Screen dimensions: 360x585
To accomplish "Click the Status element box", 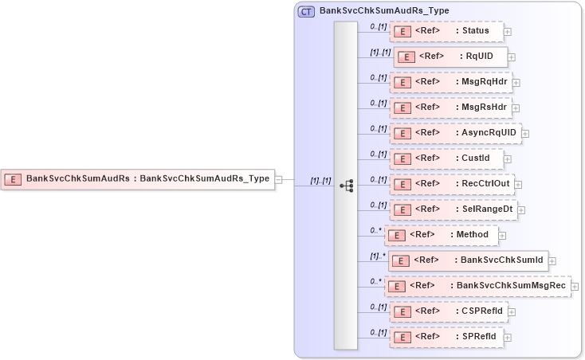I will pos(446,31).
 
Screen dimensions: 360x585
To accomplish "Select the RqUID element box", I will pos(450,57).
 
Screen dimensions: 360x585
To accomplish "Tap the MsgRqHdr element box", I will pos(450,81).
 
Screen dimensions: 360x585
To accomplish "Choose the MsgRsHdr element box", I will pos(450,107).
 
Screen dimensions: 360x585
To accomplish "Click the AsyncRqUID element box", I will pos(455,133).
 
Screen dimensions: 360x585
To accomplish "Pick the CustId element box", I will pos(446,158).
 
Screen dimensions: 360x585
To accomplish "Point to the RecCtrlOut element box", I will pos(451,184).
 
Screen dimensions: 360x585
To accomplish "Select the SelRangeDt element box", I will pos(452,209).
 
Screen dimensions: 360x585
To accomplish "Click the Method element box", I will pos(442,235).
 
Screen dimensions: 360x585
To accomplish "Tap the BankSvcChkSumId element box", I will pos(467,260).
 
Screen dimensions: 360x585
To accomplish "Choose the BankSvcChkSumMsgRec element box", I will pos(477,286).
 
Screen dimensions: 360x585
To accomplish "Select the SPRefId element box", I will pos(446,337).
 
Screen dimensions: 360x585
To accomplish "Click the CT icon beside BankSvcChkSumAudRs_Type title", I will pos(306,11).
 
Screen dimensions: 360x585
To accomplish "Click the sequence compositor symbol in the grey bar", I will pos(346,186).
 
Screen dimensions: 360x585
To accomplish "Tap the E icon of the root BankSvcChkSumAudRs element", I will pos(13,178).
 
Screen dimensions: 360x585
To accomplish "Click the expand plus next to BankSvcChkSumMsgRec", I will pos(575,287).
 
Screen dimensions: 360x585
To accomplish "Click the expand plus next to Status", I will pos(508,32).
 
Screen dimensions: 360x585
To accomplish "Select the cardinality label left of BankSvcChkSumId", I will pos(376,256).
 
